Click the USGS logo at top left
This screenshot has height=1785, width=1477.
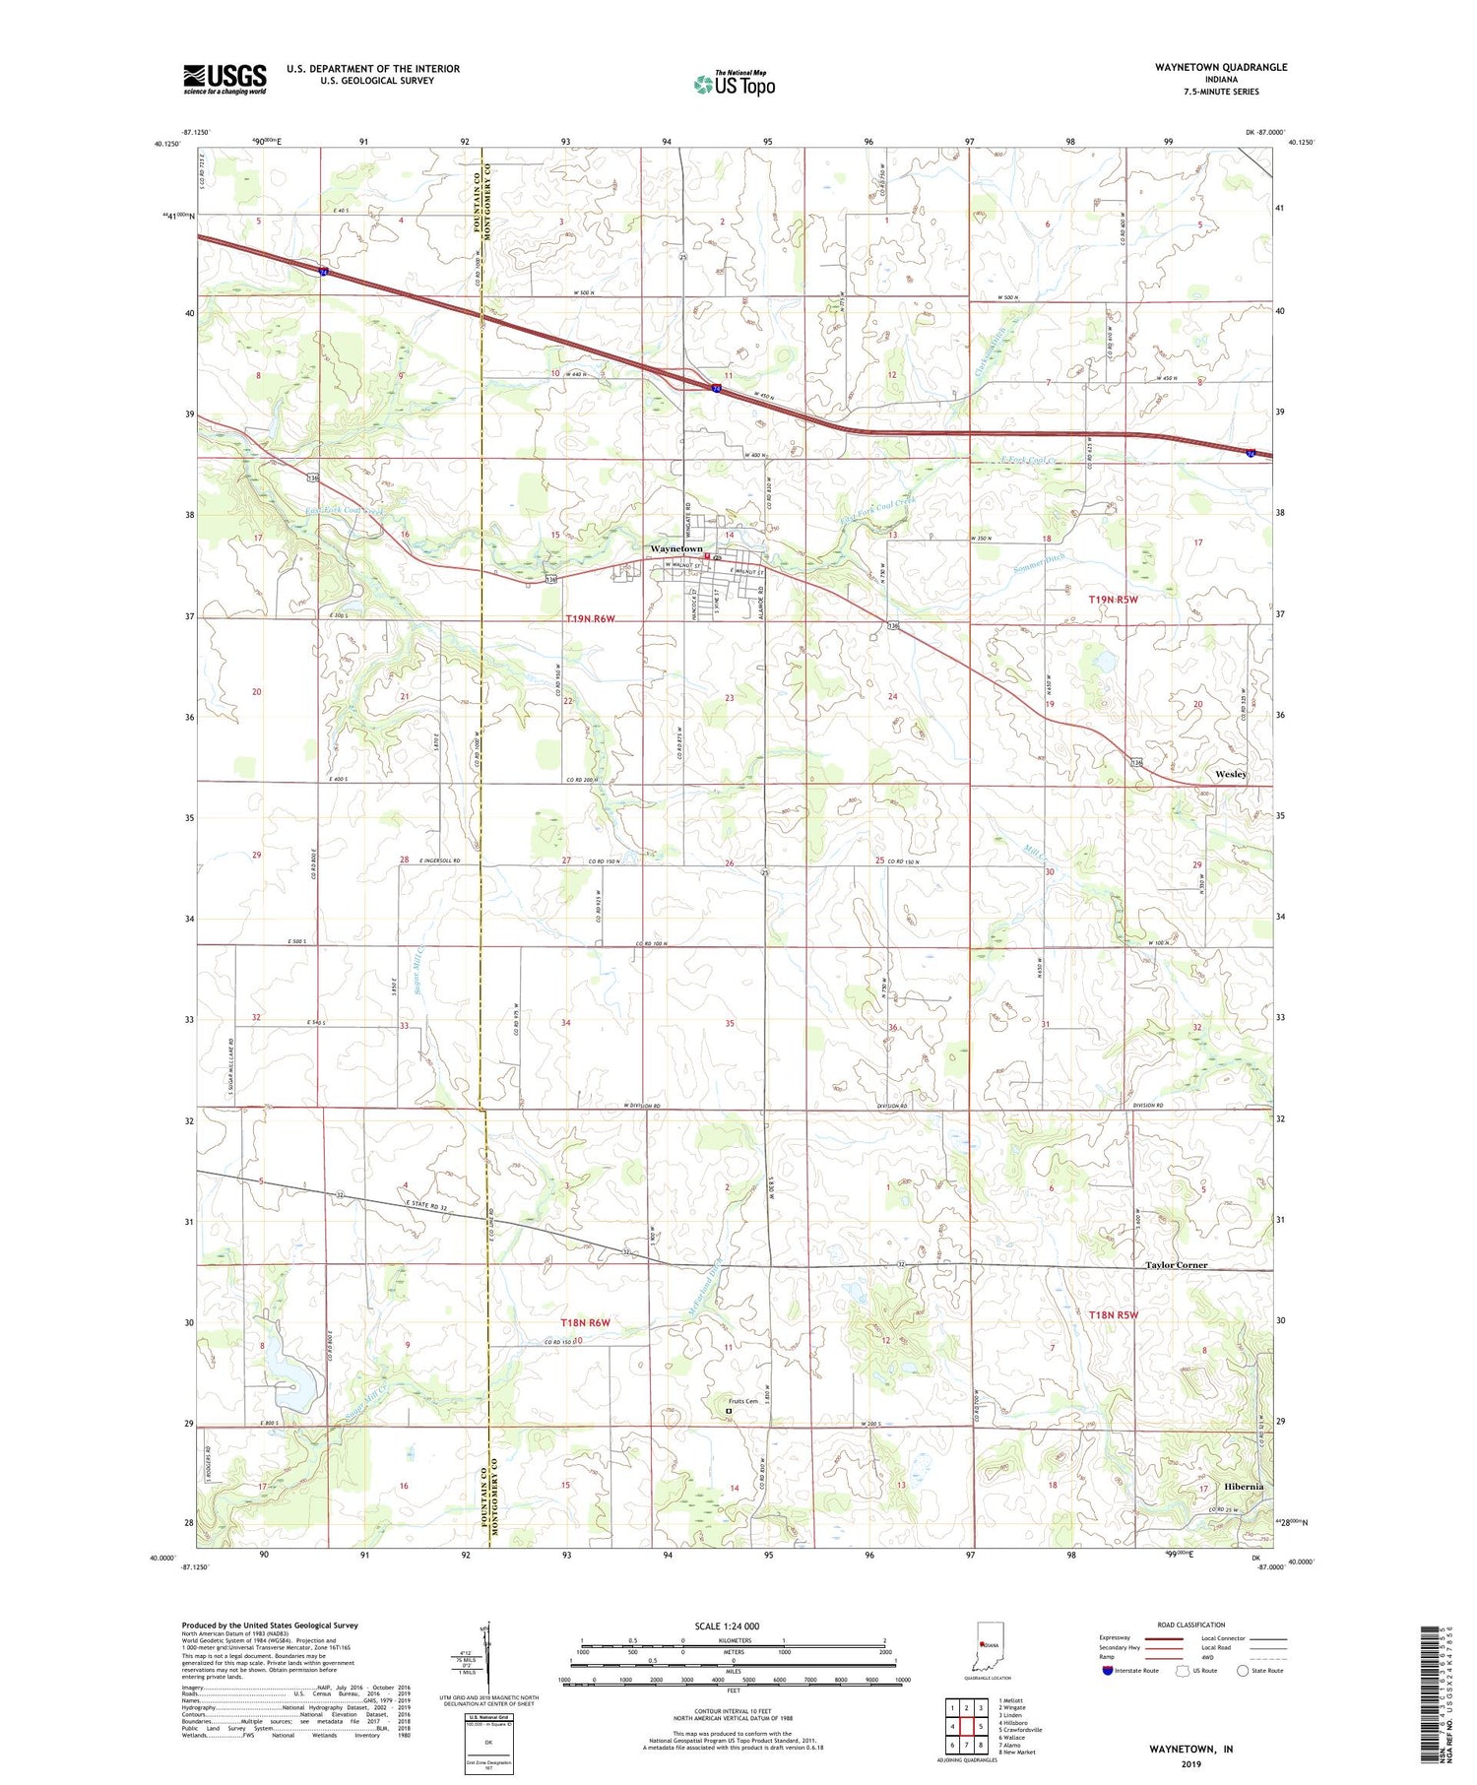(225, 79)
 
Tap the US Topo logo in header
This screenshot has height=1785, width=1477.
(734, 85)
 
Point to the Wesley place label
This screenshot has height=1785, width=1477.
(1230, 774)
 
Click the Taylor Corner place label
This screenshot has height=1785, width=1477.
(1176, 1264)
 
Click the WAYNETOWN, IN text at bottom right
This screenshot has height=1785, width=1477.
(1190, 1749)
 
